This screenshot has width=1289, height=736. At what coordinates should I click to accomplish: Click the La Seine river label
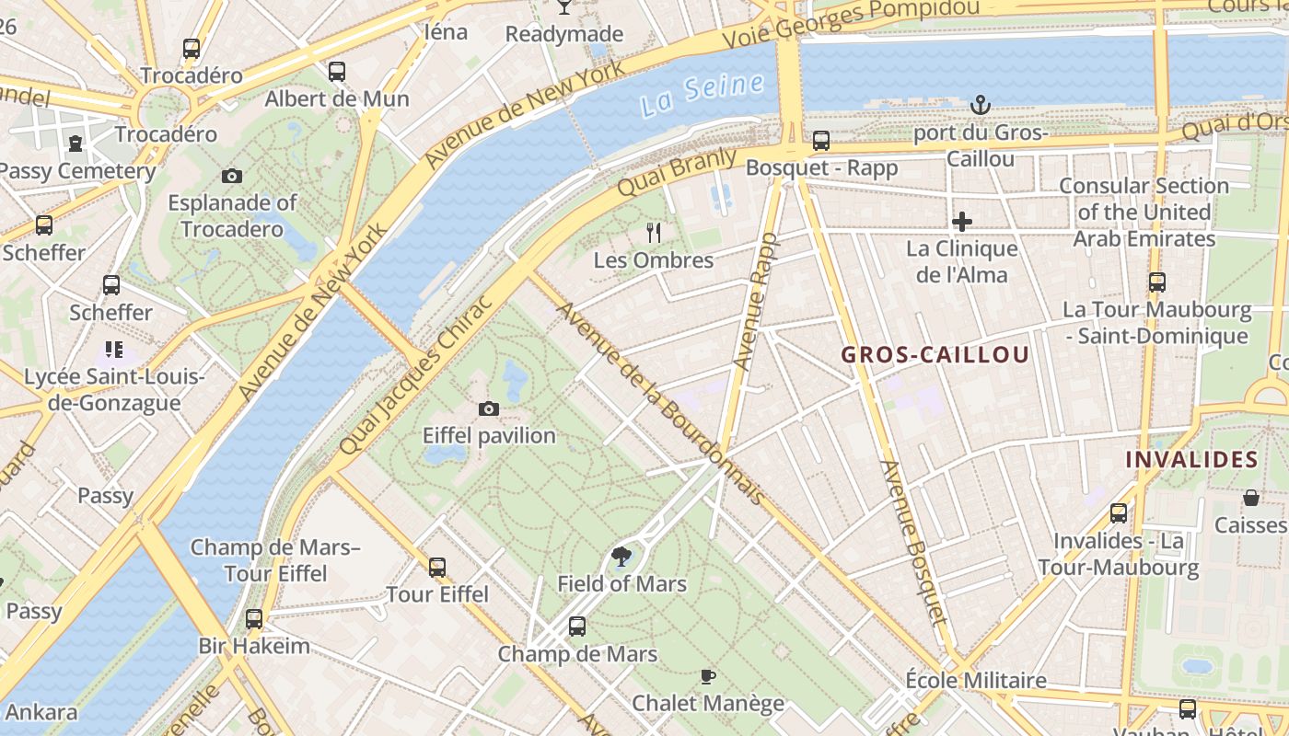(703, 95)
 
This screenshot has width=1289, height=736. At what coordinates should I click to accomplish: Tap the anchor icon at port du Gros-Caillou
(981, 105)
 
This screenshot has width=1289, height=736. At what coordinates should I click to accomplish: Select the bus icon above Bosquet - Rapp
(820, 141)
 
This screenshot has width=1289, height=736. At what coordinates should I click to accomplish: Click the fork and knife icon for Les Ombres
(654, 232)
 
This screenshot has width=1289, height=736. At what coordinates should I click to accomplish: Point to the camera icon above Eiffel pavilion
(489, 408)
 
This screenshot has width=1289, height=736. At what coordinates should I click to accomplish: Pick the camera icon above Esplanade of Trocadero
(232, 176)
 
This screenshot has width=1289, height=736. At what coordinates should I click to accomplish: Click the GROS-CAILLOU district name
(935, 355)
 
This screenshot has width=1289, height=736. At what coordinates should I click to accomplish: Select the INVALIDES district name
(1191, 459)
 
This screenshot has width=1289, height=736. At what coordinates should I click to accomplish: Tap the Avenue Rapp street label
(757, 302)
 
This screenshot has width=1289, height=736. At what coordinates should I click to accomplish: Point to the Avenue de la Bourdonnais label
(659, 403)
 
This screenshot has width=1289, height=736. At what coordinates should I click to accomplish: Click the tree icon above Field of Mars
(621, 556)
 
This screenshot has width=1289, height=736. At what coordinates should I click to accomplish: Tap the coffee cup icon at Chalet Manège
(707, 676)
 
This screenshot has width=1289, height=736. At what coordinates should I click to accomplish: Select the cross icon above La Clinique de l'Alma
(962, 222)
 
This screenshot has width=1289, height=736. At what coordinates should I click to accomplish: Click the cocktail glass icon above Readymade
(564, 7)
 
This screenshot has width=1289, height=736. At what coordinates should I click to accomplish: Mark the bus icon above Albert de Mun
(337, 71)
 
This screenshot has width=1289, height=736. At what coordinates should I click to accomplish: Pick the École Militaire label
(976, 681)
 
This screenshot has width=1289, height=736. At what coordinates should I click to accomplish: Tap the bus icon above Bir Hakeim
(254, 619)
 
